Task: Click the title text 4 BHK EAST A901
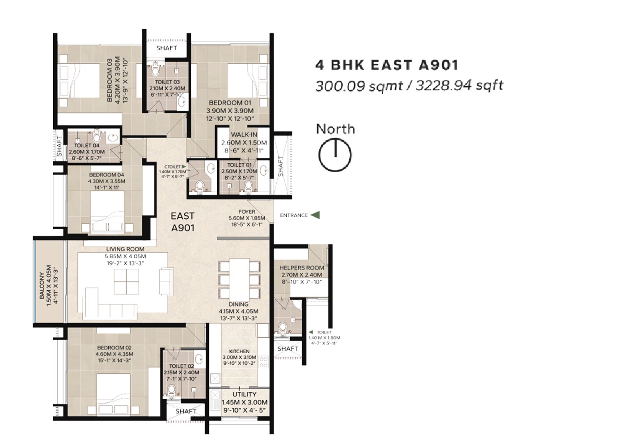click(387, 65)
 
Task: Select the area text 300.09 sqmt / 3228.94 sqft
click(409, 85)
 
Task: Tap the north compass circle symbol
click(335, 155)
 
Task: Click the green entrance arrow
click(315, 215)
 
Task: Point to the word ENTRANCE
click(294, 215)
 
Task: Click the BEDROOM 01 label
click(230, 103)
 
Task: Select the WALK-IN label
click(244, 135)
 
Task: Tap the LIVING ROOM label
click(125, 249)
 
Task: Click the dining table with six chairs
click(239, 280)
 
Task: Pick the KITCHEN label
click(239, 351)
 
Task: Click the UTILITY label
click(244, 394)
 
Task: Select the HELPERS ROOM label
click(302, 268)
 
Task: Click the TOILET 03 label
click(167, 82)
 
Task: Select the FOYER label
click(247, 212)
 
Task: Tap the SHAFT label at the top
click(167, 48)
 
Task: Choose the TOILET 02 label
click(182, 366)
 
